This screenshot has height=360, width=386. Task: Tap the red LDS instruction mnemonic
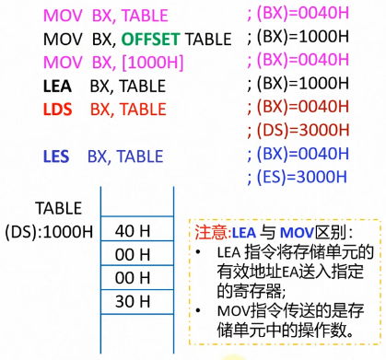(x=58, y=109)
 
